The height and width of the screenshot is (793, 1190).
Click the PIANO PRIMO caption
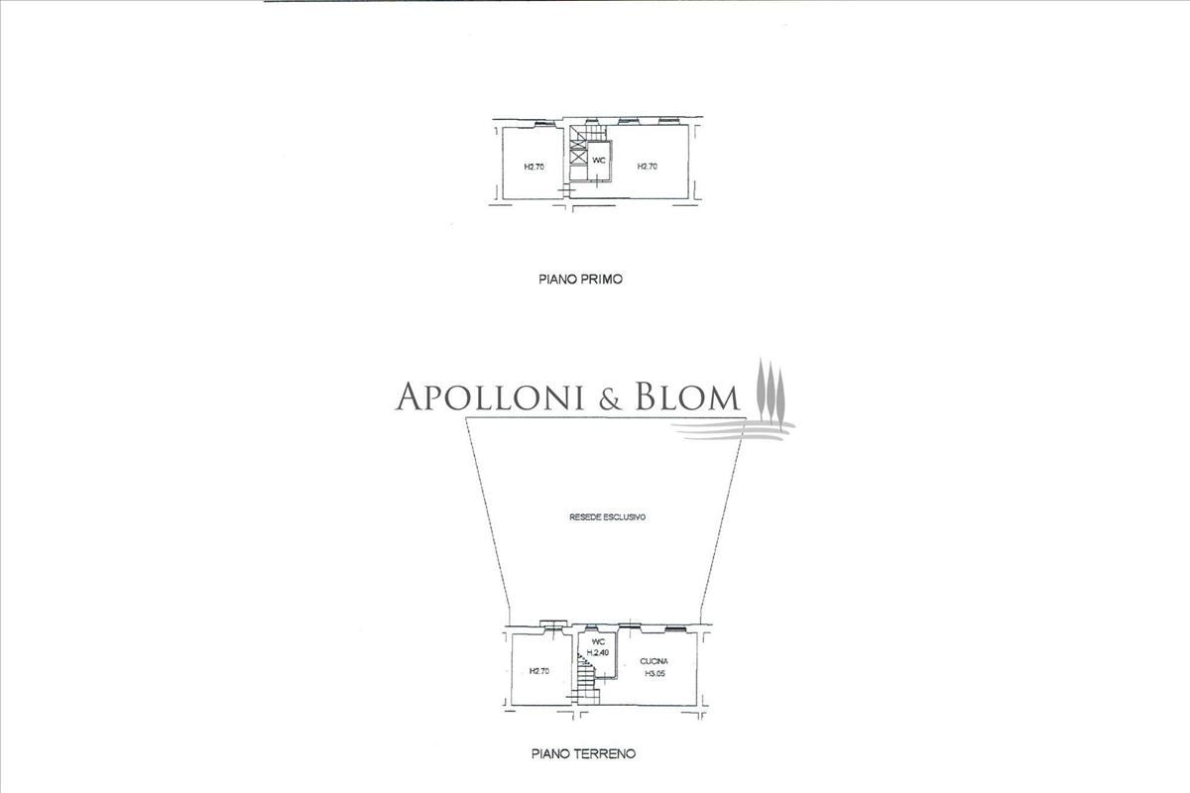point(580,281)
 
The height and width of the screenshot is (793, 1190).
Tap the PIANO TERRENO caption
point(583,753)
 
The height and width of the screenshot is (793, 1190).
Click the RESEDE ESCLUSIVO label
point(608,517)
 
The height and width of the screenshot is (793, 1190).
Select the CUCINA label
point(654,661)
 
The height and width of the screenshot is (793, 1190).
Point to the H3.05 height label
point(655,674)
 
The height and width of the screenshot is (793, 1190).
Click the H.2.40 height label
point(597,653)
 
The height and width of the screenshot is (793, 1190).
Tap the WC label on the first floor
point(599,160)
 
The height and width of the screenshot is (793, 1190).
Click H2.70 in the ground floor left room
point(539,671)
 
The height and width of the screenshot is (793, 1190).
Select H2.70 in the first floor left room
point(534,167)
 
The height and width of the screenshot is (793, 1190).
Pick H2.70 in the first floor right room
point(647,167)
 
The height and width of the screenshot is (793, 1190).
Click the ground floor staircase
point(584,680)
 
